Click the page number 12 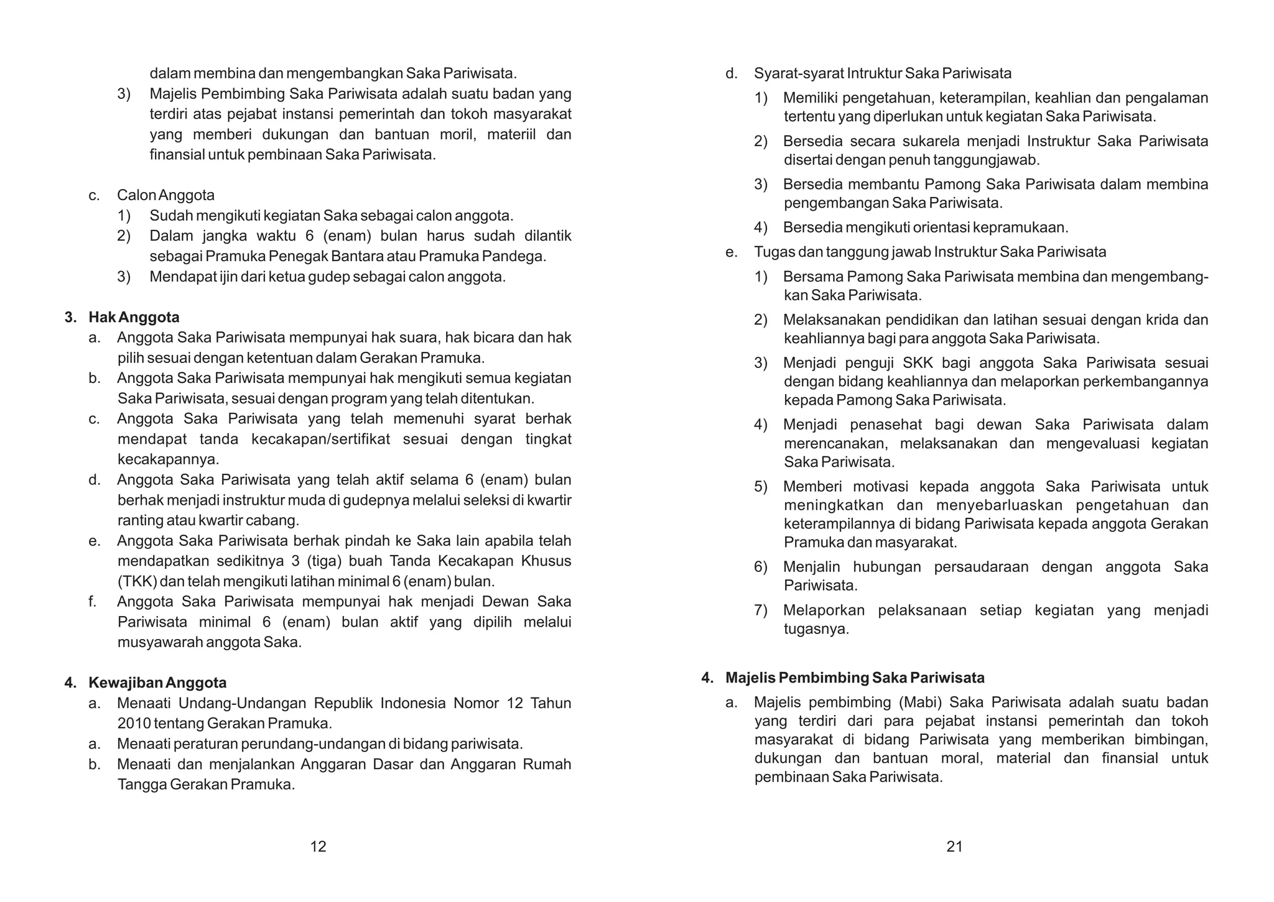click(318, 846)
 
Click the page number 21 click(954, 846)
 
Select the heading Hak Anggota click(134, 317)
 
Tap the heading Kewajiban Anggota click(157, 683)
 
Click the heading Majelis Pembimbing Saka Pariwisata click(855, 677)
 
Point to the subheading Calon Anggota click(165, 195)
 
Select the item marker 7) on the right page click(761, 610)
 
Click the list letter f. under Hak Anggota click(93, 602)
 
